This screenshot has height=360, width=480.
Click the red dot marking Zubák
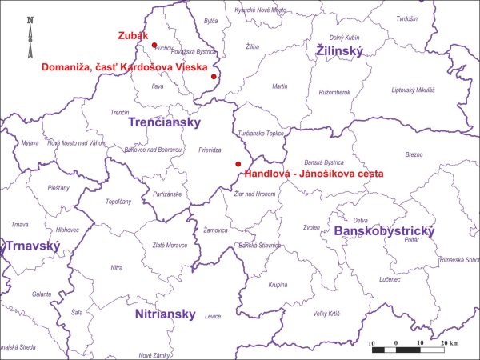(x=154, y=46)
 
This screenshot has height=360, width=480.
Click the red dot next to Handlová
(x=238, y=164)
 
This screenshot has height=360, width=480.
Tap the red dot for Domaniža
(x=214, y=77)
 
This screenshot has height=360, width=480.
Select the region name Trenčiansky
(x=169, y=124)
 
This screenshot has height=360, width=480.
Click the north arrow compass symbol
(x=30, y=32)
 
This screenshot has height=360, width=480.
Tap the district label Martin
(x=280, y=86)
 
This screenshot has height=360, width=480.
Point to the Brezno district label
(x=414, y=154)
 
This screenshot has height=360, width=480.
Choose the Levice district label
(x=212, y=317)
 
